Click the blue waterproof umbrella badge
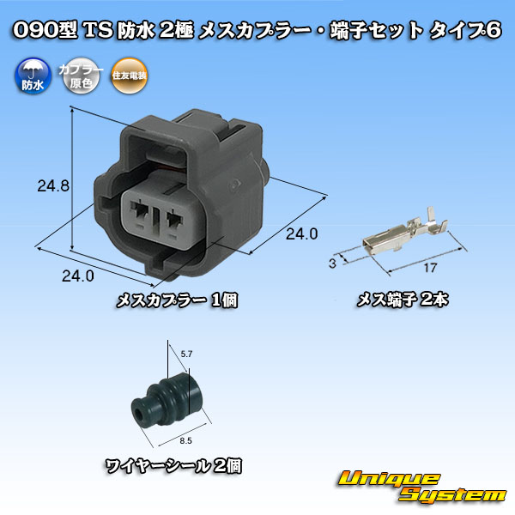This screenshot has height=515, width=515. (33, 76)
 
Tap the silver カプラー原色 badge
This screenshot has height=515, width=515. (81, 76)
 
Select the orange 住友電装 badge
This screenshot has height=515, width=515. (129, 76)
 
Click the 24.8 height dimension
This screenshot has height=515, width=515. (53, 186)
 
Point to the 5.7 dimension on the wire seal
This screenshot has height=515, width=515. (186, 354)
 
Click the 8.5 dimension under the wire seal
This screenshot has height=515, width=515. (185, 441)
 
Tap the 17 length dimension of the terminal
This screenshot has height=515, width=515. (430, 268)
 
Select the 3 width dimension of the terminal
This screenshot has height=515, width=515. (332, 264)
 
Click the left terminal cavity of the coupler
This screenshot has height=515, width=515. (140, 210)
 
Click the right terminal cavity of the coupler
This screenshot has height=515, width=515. (174, 220)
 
